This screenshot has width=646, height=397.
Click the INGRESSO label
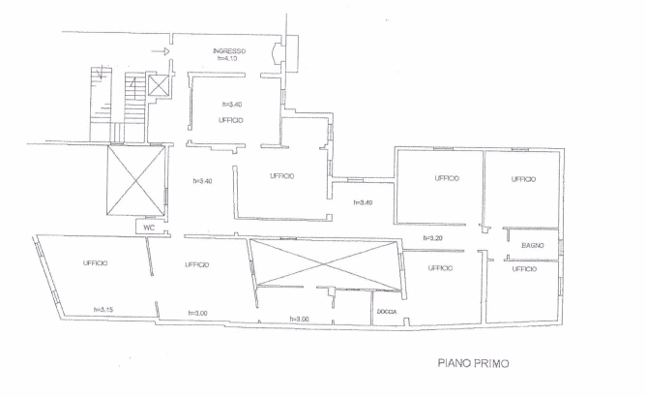coord(229,51)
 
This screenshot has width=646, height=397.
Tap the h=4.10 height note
coord(227,58)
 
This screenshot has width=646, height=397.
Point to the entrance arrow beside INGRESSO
coord(161,51)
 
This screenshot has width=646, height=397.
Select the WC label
coord(149,228)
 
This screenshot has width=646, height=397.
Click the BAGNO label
coord(532,246)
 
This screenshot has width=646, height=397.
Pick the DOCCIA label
coord(387,312)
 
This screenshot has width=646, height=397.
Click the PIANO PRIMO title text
coord(473,363)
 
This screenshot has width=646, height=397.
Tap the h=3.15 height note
coord(103,309)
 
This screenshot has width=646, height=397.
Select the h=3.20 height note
coord(432,237)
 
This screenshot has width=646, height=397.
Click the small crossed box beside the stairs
coord(158,85)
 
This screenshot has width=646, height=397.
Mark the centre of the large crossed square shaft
coord(136,180)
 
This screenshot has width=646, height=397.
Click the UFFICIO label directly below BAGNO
coord(524,269)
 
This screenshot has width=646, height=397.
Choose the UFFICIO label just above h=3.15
coord(95,262)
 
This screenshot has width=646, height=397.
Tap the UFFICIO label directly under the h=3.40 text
coord(231,120)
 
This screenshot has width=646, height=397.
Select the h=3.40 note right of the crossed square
coord(202,181)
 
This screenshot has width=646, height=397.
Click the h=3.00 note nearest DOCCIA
coord(299,319)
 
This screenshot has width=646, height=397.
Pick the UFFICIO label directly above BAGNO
coord(523,179)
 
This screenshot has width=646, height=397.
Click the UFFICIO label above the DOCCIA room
coord(440,268)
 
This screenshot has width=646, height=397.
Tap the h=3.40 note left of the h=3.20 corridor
coord(363,202)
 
